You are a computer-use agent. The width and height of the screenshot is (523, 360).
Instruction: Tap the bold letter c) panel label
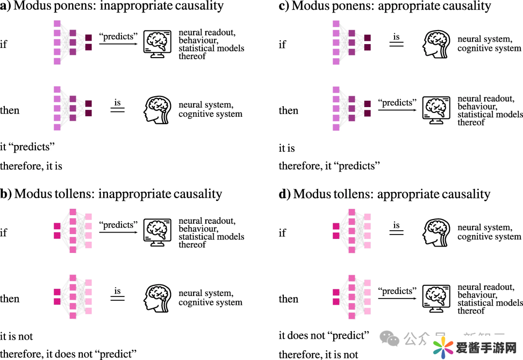pos(284,6)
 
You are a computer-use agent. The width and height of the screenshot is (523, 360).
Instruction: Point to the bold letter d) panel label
pos(285,194)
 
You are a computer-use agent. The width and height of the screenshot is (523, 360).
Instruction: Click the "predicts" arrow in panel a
pos(118,44)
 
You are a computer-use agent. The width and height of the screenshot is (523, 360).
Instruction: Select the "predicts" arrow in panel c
pos(397,110)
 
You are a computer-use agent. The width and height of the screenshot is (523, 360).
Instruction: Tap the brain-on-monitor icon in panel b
pos(158,232)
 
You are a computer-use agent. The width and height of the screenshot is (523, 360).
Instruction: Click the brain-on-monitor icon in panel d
pos(437,298)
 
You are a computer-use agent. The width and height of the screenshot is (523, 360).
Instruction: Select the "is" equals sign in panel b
pos(118,297)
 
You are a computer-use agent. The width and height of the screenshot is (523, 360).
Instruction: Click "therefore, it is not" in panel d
pos(318,355)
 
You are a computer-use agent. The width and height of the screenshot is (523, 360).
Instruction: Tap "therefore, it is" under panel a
pos(31,166)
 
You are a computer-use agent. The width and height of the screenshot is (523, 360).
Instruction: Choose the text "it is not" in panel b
pos(16,336)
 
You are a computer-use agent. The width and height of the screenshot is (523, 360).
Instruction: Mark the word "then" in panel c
pos(288,110)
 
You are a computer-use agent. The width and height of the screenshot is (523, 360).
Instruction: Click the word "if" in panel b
pos(3,232)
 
